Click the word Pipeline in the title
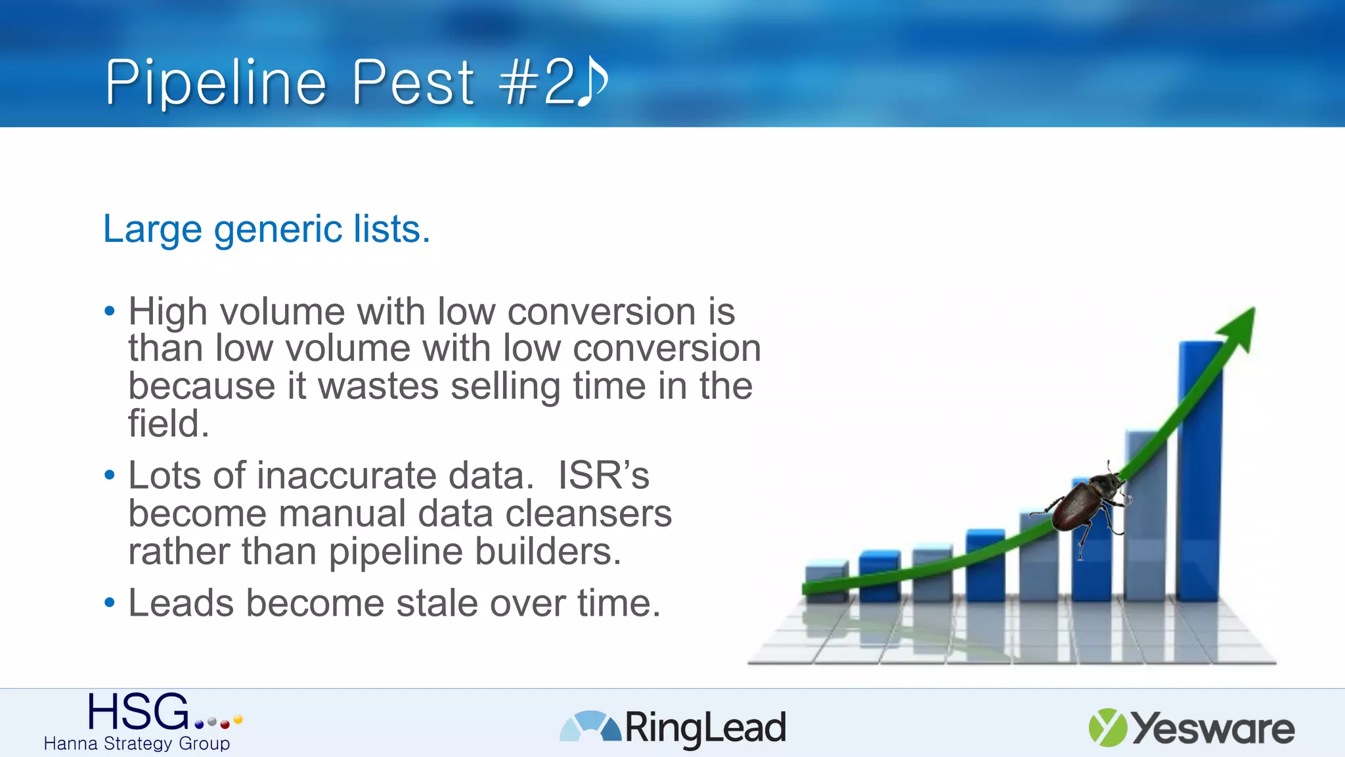pyautogui.click(x=215, y=83)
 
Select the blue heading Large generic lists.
pyautogui.click(x=267, y=229)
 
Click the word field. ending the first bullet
pyautogui.click(x=168, y=424)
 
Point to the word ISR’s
pyautogui.click(x=604, y=476)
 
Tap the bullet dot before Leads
pyautogui.click(x=110, y=603)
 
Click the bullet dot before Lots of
pyautogui.click(x=110, y=474)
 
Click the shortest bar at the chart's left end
pyautogui.click(x=826, y=581)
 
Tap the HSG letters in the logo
pyautogui.click(x=138, y=712)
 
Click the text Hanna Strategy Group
pyautogui.click(x=137, y=744)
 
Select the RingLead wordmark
pyautogui.click(x=705, y=728)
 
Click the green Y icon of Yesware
pyautogui.click(x=1107, y=727)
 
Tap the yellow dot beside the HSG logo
pyautogui.click(x=238, y=720)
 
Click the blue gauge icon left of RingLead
pyautogui.click(x=590, y=727)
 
